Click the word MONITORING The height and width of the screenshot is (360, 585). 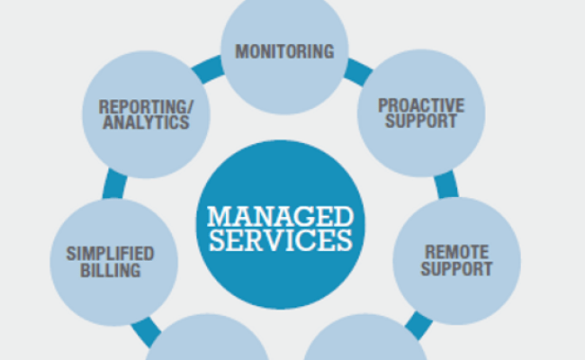pos(284,51)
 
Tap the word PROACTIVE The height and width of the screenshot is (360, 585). pos(420,104)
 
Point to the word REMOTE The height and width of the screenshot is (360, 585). pos(457,252)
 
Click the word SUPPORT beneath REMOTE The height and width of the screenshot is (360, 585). pos(457,268)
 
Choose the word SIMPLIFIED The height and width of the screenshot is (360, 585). pos(110,253)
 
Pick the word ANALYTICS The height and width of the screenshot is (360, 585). pos(146,123)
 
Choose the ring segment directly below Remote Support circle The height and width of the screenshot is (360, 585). pos(416,326)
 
